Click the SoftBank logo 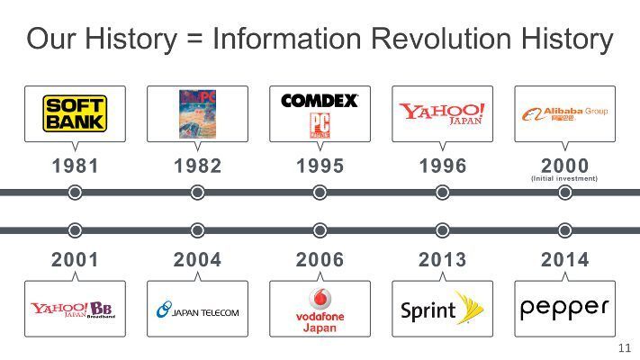[75, 113]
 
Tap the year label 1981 [76, 166]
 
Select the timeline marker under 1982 [198, 193]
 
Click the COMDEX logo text [320, 101]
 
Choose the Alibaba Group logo [564, 113]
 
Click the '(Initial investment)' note [564, 179]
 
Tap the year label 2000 [564, 166]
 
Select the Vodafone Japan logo [320, 310]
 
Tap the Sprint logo [442, 310]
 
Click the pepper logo [564, 308]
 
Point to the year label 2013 [442, 260]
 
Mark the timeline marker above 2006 [320, 230]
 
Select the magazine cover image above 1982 [198, 113]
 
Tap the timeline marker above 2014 [564, 230]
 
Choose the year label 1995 [320, 166]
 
